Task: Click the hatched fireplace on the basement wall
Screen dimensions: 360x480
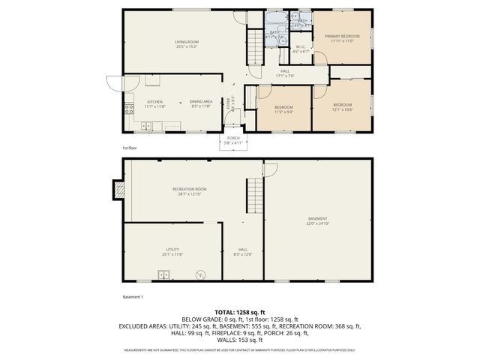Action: point(118,190)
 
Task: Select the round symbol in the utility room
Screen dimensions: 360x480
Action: point(200,275)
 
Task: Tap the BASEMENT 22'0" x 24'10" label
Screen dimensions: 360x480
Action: point(317,220)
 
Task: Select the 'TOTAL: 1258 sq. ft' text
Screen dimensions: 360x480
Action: point(240,311)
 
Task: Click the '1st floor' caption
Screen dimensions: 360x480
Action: point(130,148)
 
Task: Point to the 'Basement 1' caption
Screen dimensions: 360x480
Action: point(132,296)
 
